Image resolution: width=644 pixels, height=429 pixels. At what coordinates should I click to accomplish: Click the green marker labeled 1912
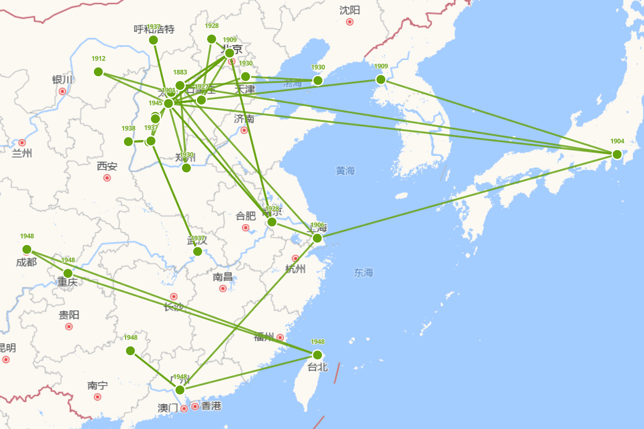(x=98, y=72)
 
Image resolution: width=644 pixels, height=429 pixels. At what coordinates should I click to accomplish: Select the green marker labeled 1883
(x=180, y=85)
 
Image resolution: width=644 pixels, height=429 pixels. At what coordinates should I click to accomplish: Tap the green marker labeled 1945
(x=169, y=103)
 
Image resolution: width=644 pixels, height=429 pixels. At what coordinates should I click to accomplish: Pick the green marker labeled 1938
(x=128, y=142)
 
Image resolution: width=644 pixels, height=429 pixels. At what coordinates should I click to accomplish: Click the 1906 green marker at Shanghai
(x=317, y=238)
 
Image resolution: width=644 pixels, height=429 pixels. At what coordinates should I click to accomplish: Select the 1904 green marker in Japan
(x=617, y=154)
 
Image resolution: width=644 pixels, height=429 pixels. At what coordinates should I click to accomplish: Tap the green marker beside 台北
(x=317, y=354)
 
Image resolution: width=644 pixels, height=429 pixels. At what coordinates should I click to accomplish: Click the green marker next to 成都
(x=27, y=249)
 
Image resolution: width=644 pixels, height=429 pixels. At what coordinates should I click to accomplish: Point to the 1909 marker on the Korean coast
(x=381, y=80)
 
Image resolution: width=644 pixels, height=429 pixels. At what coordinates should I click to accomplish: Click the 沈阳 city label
(x=350, y=10)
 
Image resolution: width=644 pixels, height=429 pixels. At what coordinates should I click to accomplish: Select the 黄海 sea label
(x=346, y=171)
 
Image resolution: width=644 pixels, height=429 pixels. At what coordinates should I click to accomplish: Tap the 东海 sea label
(x=363, y=273)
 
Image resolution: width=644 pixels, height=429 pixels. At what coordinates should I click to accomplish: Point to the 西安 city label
(x=107, y=166)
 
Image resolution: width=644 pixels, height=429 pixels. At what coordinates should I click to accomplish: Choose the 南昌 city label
(x=223, y=277)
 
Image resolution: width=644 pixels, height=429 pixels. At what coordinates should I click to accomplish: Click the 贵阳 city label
(x=69, y=315)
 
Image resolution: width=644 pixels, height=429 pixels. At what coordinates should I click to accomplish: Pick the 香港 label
(x=211, y=406)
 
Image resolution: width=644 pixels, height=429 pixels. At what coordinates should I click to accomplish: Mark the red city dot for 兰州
(x=22, y=143)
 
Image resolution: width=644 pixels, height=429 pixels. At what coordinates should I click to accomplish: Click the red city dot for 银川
(x=62, y=91)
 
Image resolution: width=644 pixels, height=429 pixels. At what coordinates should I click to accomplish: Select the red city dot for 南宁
(x=98, y=397)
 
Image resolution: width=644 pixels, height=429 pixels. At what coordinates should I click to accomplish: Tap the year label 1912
(x=98, y=59)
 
